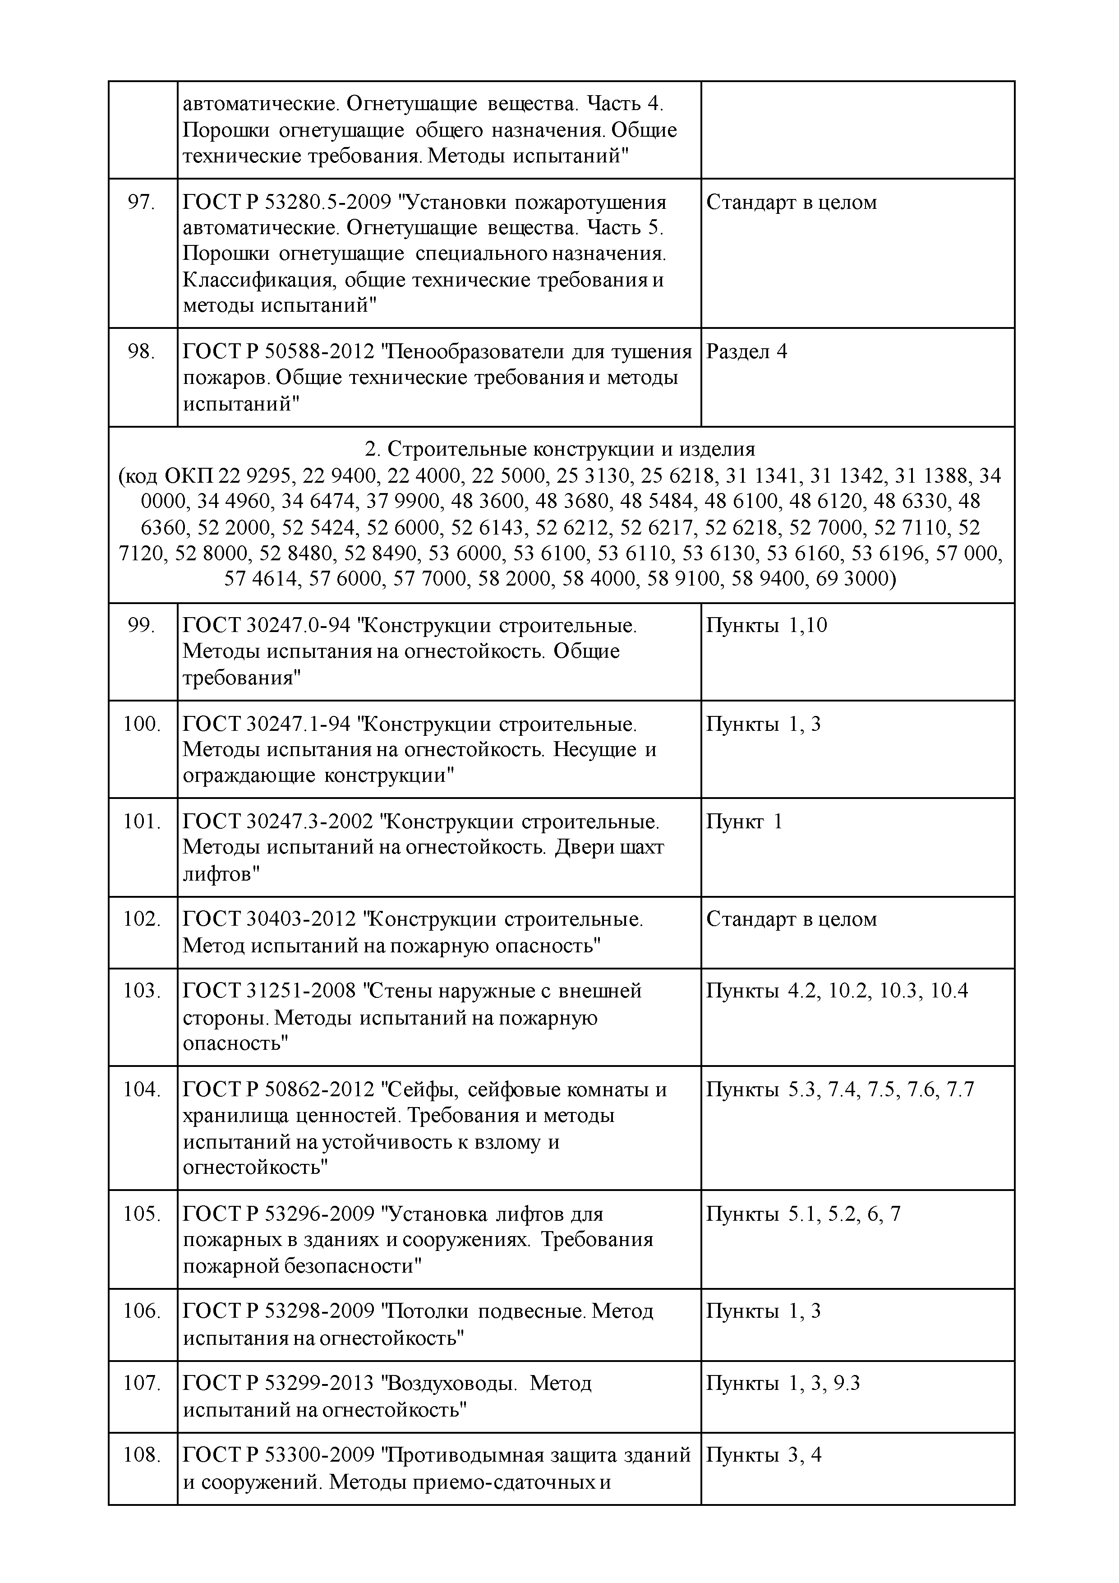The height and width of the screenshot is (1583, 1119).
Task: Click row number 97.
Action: click(141, 203)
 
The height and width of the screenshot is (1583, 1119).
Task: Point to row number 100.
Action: click(141, 724)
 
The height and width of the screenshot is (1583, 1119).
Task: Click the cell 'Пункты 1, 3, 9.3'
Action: click(783, 1384)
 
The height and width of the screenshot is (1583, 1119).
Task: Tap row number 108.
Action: click(141, 1455)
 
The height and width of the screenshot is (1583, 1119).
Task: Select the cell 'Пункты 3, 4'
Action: click(763, 1455)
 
